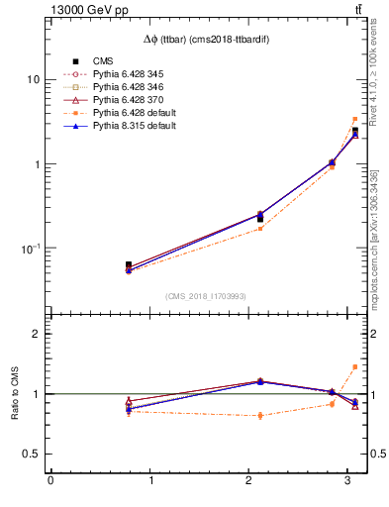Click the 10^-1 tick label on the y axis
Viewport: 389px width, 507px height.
31,249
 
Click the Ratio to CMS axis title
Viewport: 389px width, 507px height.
14,394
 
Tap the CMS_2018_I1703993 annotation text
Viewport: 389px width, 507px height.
206,296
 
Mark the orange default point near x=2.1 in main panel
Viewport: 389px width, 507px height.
260,229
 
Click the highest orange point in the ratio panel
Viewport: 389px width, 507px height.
355,366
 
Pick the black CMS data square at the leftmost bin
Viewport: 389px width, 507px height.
129,265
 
